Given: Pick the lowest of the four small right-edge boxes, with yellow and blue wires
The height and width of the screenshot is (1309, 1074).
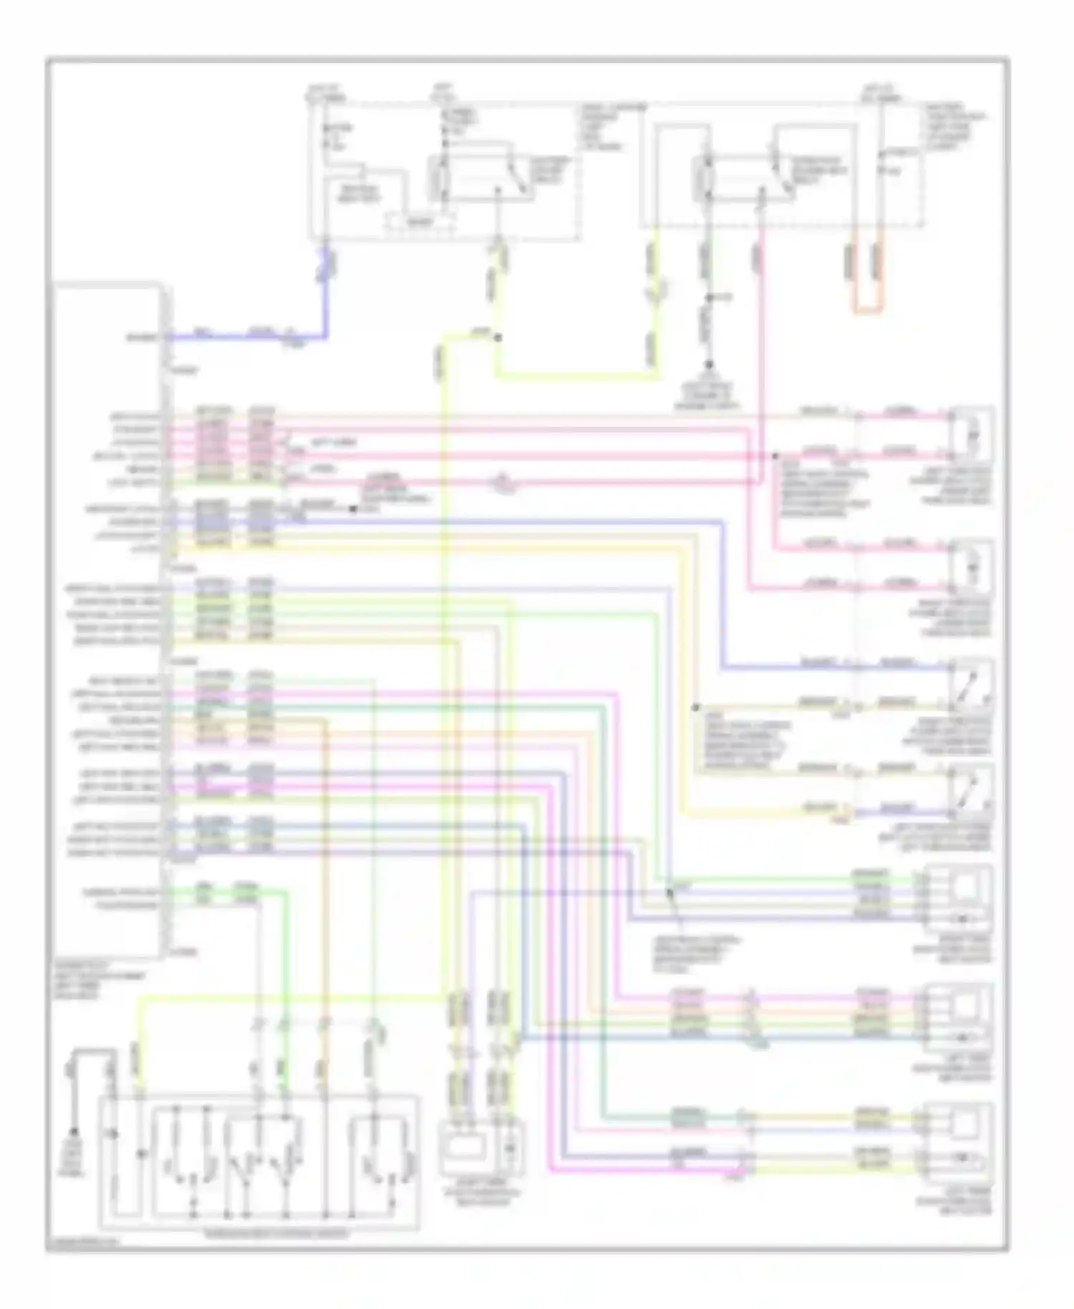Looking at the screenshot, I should click(971, 791).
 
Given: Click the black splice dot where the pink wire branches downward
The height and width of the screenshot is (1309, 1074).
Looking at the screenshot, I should click(775, 455).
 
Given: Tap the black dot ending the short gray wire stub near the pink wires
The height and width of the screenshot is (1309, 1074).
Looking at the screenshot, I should click(353, 510).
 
